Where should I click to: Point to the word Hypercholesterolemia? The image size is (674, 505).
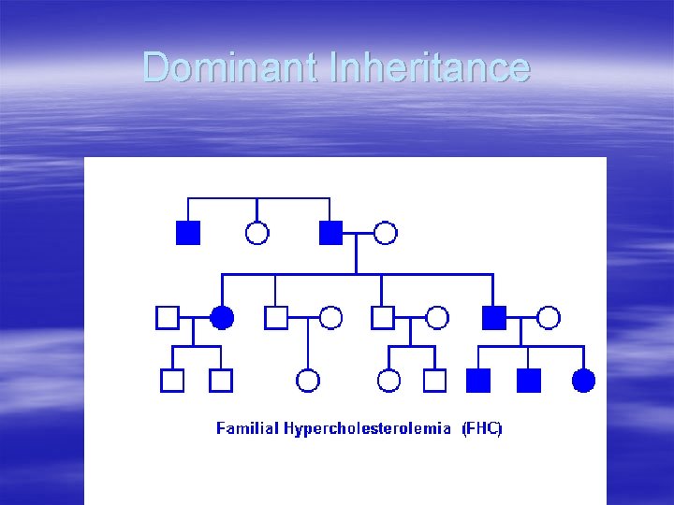click(365, 429)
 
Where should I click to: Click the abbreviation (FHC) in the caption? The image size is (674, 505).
click(482, 429)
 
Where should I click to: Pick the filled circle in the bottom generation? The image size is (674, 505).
click(583, 380)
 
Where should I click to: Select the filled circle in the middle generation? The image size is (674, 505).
click(222, 318)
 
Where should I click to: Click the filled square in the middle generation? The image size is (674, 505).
click(493, 318)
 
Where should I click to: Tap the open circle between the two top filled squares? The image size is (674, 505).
click(256, 233)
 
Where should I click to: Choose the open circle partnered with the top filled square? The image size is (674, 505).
click(386, 233)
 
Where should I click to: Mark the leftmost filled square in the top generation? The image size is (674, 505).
click(188, 233)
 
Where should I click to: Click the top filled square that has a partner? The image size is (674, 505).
click(330, 233)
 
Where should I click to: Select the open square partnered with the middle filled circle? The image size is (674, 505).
click(167, 318)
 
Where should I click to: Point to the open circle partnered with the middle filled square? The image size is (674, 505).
click(549, 318)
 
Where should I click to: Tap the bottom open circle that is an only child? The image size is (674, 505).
click(308, 380)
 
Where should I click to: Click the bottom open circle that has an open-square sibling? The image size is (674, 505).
click(388, 380)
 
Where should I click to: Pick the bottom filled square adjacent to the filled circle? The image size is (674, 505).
click(529, 380)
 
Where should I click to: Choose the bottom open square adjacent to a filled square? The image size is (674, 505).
click(434, 380)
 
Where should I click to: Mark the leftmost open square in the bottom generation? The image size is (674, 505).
click(172, 380)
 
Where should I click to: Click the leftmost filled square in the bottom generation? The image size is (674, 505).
click(477, 380)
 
